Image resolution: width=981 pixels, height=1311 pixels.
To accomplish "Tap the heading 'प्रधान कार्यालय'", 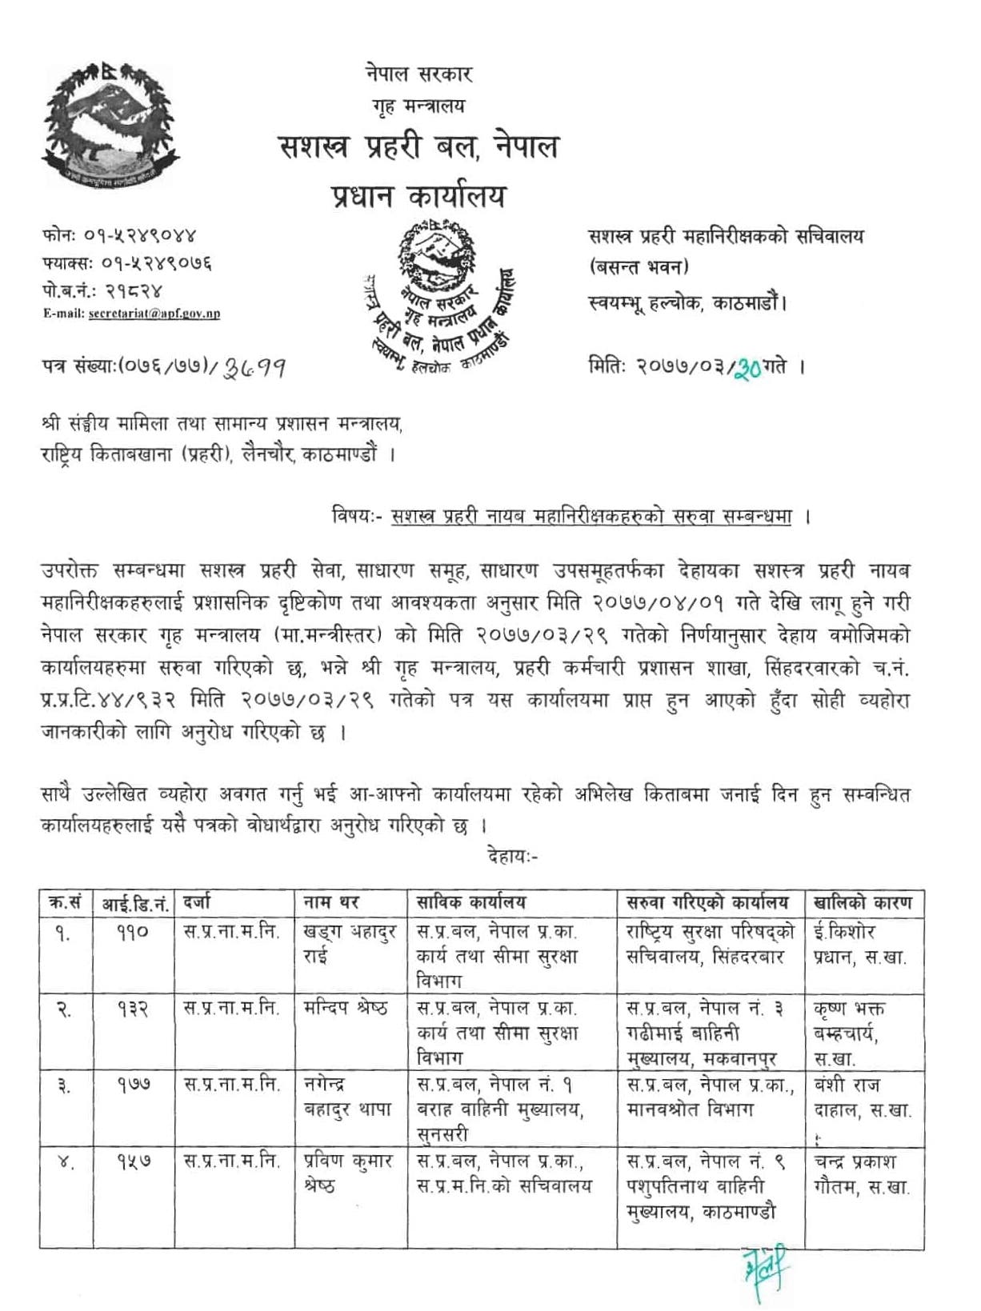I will (418, 196).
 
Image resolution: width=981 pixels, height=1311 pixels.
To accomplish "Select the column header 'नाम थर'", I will (331, 902).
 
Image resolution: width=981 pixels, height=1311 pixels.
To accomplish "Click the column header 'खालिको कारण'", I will (862, 902).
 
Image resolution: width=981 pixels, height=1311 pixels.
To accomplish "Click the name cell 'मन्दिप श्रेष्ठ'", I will (346, 1009).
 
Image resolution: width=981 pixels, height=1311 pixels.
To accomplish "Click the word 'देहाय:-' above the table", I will (512, 856).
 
